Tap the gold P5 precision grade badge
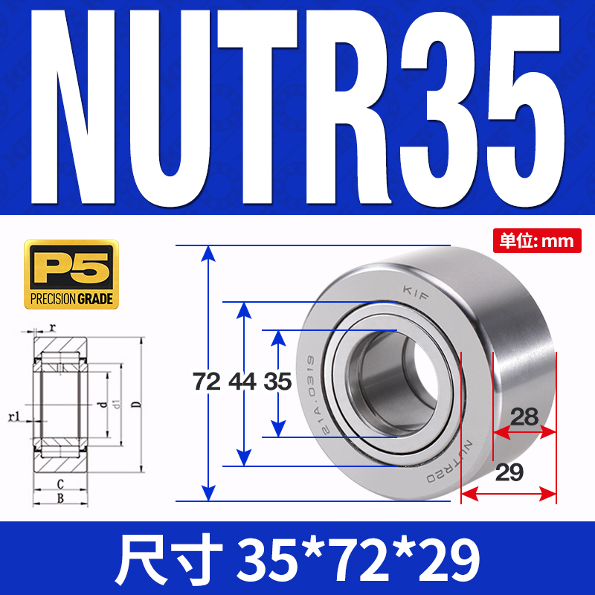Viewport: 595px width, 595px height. tap(71, 274)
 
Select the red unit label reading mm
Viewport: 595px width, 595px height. tap(539, 240)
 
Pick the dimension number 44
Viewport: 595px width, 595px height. tap(242, 382)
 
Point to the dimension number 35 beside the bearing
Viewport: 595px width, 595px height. tap(277, 382)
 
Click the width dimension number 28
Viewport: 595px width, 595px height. tap(524, 417)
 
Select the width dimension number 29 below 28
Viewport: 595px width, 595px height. tap(509, 472)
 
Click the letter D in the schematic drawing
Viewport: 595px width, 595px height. tap(135, 405)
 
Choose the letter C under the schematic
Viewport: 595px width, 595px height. tap(59, 483)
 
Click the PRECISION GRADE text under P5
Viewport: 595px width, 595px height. tap(71, 300)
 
